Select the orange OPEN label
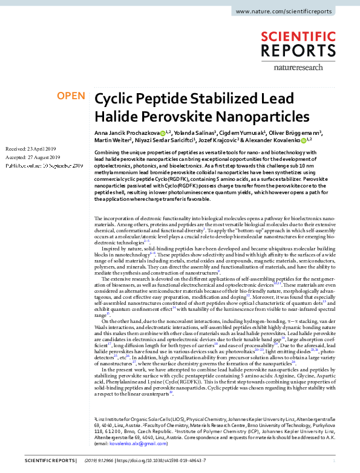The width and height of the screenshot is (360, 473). pos(70,96)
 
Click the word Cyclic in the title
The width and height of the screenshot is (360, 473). pos(117,100)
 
